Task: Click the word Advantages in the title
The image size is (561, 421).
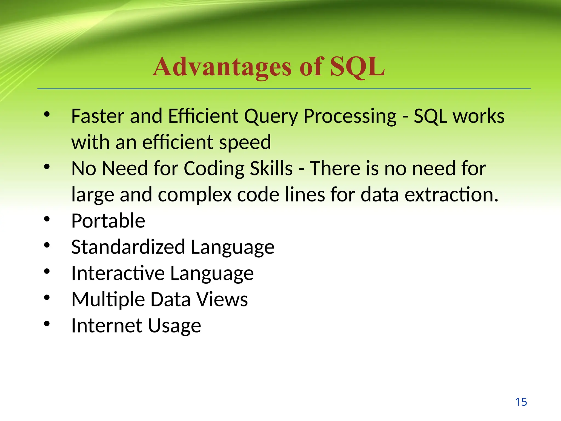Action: (222, 67)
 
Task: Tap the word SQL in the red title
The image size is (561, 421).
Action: (357, 67)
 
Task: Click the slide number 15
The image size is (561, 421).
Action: (521, 402)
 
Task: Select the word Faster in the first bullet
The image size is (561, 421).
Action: (98, 116)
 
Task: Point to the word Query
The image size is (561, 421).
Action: (271, 116)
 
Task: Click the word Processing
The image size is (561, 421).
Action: (350, 116)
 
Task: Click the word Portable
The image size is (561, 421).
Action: (108, 221)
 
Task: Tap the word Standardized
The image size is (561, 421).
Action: (128, 247)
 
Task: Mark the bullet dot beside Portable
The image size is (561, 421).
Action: (47, 219)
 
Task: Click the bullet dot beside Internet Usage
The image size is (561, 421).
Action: (47, 324)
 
